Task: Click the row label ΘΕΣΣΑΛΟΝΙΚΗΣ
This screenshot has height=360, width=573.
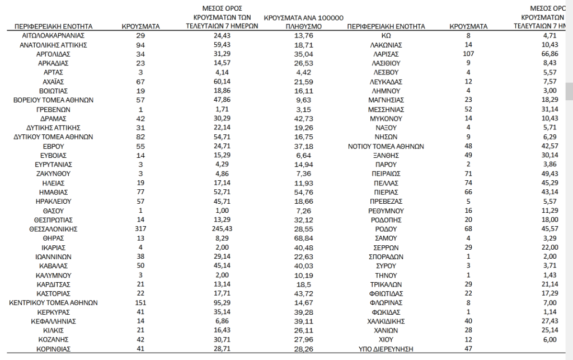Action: click(53, 229)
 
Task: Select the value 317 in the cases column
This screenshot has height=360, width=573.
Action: click(140, 229)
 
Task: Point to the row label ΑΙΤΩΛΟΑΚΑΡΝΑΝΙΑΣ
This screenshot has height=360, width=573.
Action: click(53, 35)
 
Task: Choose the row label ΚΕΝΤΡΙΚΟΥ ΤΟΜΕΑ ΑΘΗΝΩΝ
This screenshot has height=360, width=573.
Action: click(53, 303)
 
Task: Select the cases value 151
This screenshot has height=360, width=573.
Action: click(140, 303)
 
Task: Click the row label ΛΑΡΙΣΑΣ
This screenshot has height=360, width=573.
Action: click(385, 54)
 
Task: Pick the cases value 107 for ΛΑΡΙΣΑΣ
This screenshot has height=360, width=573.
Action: click(468, 54)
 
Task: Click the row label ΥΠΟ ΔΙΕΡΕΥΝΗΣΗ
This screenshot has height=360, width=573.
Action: click(385, 349)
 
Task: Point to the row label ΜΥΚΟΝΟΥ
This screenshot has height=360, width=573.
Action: click(385, 119)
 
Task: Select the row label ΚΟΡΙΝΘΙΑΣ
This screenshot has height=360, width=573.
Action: click(53, 349)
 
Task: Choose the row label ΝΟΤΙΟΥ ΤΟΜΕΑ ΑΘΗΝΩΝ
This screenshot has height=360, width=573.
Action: click(385, 146)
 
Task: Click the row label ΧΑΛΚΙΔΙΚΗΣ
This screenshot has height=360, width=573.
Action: click(385, 321)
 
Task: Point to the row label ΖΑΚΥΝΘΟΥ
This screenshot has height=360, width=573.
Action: click(53, 174)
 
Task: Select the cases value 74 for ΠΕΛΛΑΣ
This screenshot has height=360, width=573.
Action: click(468, 183)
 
